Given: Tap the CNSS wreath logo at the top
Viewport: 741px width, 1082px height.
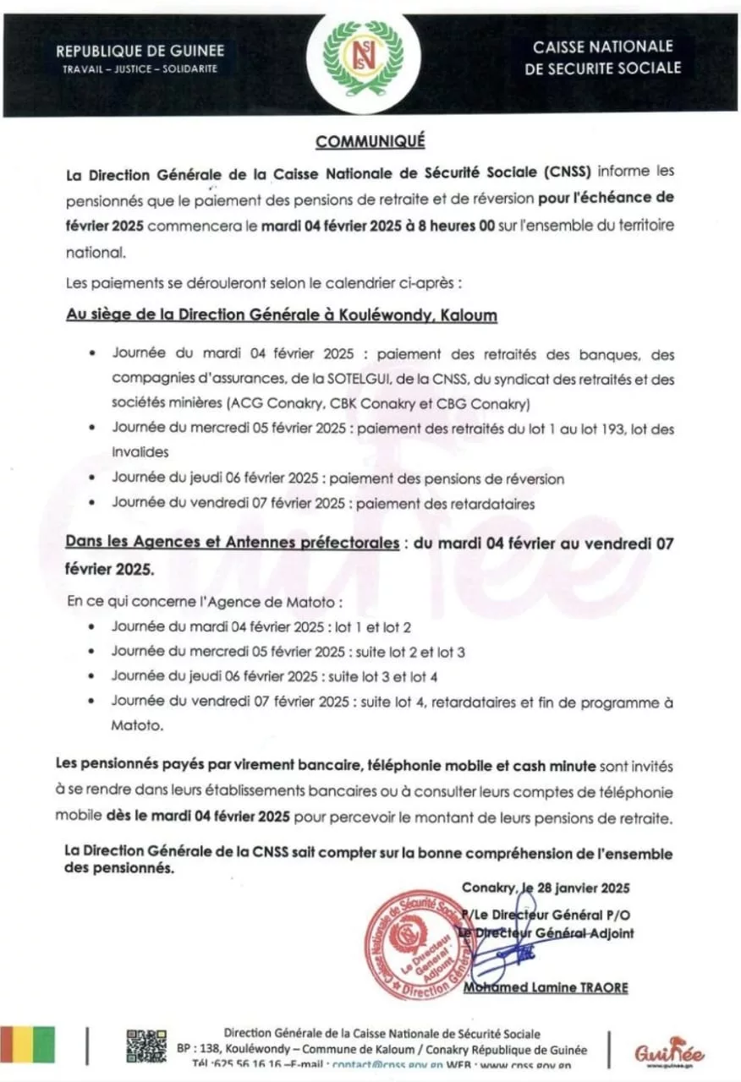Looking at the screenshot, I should pyautogui.click(x=370, y=60).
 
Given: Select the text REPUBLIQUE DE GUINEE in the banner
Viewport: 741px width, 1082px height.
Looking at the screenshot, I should pyautogui.click(x=141, y=51).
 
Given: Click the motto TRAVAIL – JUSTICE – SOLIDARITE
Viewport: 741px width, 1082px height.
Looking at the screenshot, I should pyautogui.click(x=140, y=68).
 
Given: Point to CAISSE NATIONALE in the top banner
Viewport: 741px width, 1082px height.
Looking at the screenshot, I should pyautogui.click(x=601, y=46).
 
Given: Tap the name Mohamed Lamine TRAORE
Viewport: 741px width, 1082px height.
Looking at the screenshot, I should pyautogui.click(x=546, y=987).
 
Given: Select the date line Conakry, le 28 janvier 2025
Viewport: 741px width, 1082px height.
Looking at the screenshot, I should pyautogui.click(x=546, y=888).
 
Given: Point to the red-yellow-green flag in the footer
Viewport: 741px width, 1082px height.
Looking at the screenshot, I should pyautogui.click(x=27, y=1046).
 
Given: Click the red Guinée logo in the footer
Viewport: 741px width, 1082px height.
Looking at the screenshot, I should pyautogui.click(x=669, y=1052).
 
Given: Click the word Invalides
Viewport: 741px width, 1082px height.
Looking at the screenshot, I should pyautogui.click(x=140, y=452).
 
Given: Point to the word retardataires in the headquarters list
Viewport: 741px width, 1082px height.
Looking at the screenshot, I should pyautogui.click(x=493, y=503).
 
